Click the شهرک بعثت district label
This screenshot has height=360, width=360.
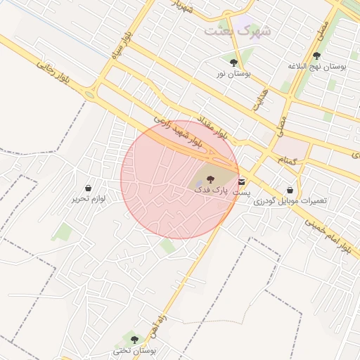tap(238, 32)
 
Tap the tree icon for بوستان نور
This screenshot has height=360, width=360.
tap(233, 61)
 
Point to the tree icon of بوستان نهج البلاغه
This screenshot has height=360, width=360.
tap(317, 55)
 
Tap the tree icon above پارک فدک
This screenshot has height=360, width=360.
tap(212, 179)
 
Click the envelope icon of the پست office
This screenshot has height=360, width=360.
tap(243, 181)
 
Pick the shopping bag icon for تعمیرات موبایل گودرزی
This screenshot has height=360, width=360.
tap(290, 190)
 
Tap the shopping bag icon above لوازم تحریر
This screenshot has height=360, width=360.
tap(88, 188)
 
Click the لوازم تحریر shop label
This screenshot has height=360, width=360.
tap(88, 199)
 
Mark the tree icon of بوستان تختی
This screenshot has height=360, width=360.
tap(134, 340)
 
